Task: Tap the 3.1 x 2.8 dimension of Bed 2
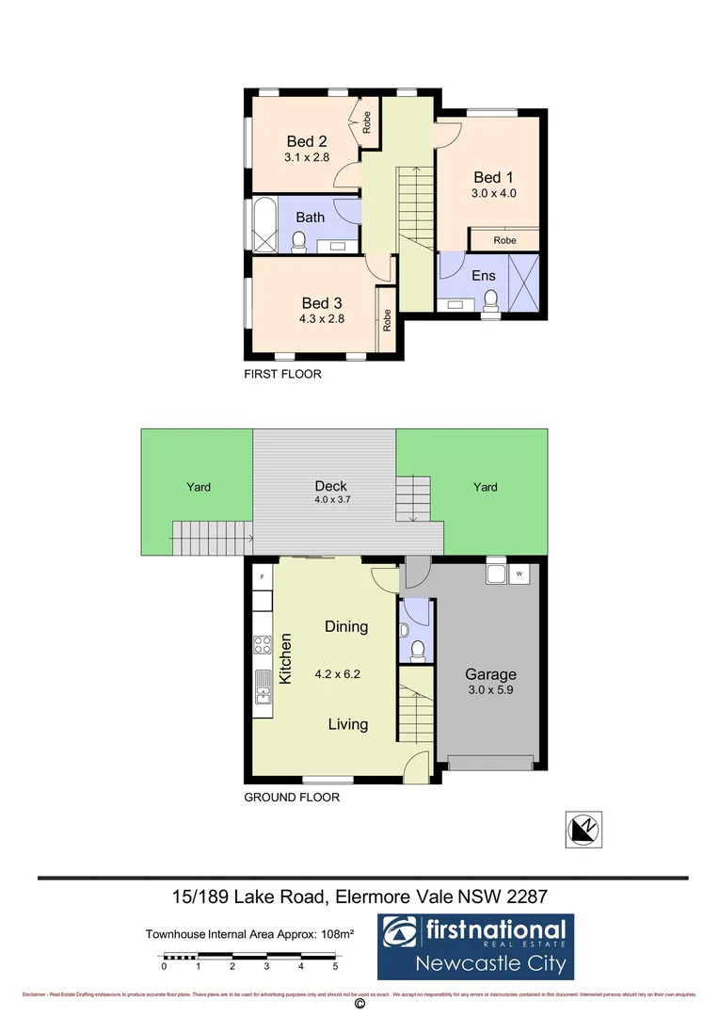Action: point(307,157)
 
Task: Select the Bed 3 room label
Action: point(321,302)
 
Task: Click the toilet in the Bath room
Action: point(299,244)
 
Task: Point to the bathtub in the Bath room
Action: point(264,225)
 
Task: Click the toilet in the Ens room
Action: point(489,299)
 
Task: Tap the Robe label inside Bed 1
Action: point(505,240)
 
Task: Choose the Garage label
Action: point(490,674)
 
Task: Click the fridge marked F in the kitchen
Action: point(263,575)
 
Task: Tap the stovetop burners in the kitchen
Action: point(263,645)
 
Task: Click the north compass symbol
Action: point(583,830)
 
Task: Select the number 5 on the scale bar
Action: point(335,966)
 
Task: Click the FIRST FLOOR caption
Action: point(282,374)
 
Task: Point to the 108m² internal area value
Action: point(336,934)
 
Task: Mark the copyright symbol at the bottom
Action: point(359,1005)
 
